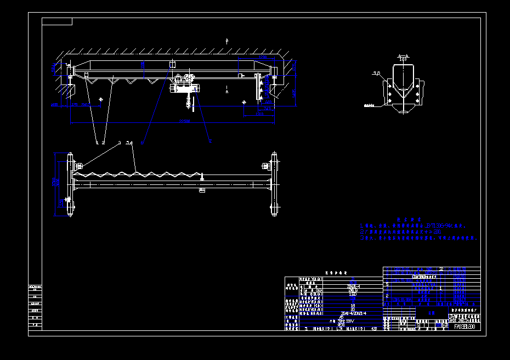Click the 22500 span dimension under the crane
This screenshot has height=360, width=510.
point(184,121)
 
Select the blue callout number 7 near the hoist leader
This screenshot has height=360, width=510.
point(209,140)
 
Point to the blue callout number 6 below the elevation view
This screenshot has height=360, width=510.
point(143,143)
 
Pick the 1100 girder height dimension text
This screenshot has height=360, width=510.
point(142,64)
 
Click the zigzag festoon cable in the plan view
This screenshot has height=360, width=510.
point(137,174)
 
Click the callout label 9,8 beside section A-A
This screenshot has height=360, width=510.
point(376,73)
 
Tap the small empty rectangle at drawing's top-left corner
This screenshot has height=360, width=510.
point(57,21)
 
